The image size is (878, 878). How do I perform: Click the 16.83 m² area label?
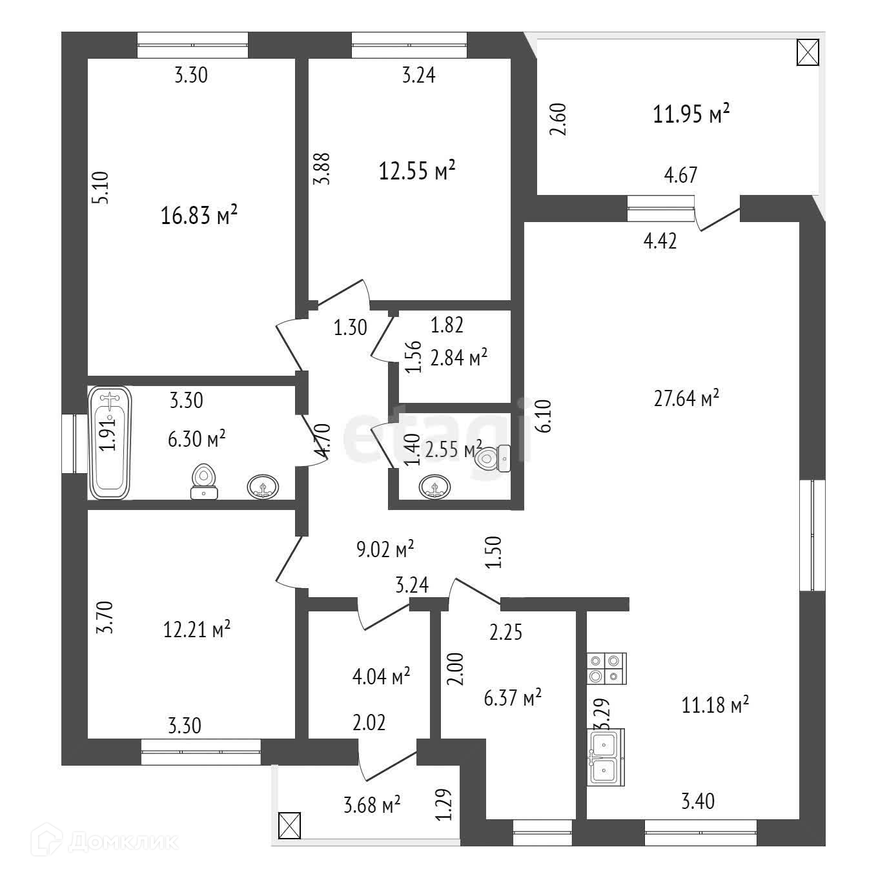[199, 215]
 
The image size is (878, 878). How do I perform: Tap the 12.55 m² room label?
[417, 172]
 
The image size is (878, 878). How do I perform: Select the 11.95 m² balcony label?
[691, 115]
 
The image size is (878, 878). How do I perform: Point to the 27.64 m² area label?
[686, 398]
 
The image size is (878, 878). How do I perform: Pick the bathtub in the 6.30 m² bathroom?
[110, 442]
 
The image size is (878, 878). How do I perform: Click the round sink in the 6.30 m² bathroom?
[263, 486]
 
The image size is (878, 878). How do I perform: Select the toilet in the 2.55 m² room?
[493, 459]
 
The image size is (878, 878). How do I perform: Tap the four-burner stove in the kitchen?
[606, 668]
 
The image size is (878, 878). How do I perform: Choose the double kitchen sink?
[606, 757]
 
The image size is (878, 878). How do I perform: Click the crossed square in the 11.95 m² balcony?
[808, 52]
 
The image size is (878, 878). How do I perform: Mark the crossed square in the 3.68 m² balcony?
[289, 826]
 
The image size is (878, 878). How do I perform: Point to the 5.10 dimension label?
[103, 187]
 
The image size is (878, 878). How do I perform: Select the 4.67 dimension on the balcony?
[680, 175]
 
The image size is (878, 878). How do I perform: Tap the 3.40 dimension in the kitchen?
[698, 801]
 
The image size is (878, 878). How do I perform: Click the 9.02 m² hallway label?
[385, 549]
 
